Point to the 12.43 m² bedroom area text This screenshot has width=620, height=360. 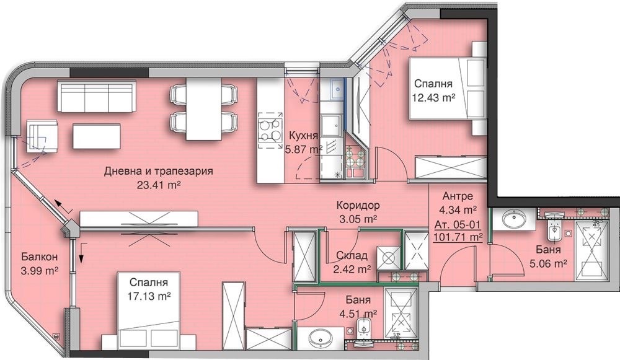(x=434, y=97)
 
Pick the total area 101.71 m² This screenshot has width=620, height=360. (x=459, y=236)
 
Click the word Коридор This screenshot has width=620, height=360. (x=358, y=206)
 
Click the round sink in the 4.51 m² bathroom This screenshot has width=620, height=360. (x=321, y=338)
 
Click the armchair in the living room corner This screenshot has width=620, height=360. (x=42, y=135)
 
